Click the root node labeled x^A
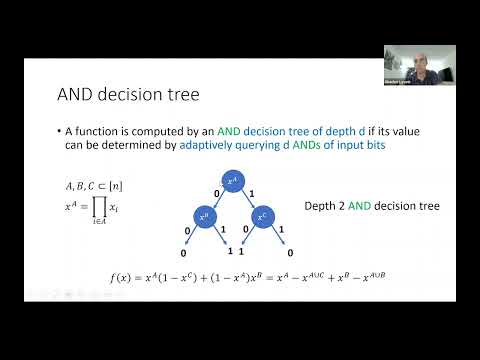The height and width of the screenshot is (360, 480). pyautogui.click(x=233, y=180)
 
